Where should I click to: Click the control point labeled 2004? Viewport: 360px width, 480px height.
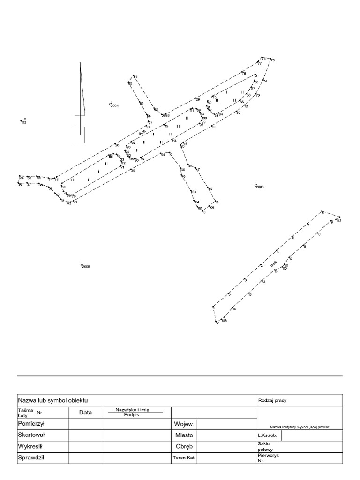click(x=111, y=104)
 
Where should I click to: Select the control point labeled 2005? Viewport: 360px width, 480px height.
click(x=82, y=265)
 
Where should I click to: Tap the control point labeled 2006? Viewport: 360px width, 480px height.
click(x=256, y=185)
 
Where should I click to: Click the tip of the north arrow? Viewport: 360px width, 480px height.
click(x=81, y=63)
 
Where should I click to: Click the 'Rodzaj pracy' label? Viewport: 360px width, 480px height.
click(x=272, y=400)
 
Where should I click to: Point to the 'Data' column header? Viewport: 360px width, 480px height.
click(x=85, y=412)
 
